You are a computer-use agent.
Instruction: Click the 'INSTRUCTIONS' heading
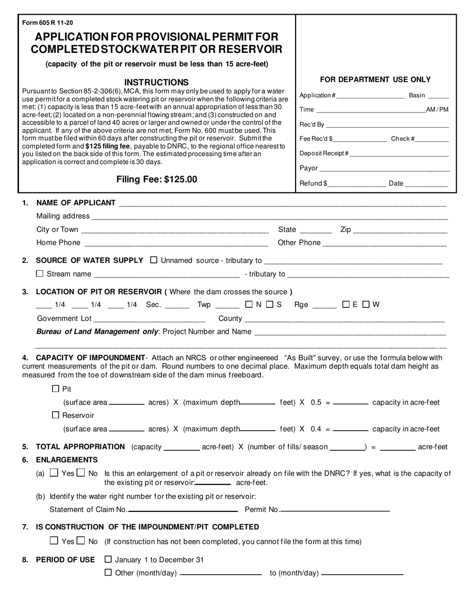tap(156, 82)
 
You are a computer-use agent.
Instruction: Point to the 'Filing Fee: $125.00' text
tap(157, 180)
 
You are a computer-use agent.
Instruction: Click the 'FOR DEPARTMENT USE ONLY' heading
tap(375, 79)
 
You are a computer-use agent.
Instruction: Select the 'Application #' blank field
tap(371, 96)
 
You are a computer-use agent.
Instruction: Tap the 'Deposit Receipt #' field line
tap(399, 154)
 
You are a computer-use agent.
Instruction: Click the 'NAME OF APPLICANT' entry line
tap(282, 204)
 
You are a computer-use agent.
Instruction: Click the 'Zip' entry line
tap(400, 230)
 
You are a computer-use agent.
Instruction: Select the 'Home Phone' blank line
tap(177, 243)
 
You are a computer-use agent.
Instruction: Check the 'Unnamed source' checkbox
tap(154, 260)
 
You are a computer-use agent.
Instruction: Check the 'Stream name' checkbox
tap(40, 274)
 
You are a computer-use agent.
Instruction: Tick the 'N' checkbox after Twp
tap(249, 304)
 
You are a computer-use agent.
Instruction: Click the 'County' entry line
tap(344, 319)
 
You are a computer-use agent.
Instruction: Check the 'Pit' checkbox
tap(55, 389)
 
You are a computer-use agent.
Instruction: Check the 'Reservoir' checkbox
tap(55, 415)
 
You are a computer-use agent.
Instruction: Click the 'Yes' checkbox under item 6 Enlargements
tap(54, 473)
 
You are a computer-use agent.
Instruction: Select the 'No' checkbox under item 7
tap(81, 541)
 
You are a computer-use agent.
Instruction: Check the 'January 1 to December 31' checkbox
tap(109, 559)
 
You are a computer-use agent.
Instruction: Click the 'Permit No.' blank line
tap(335, 510)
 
